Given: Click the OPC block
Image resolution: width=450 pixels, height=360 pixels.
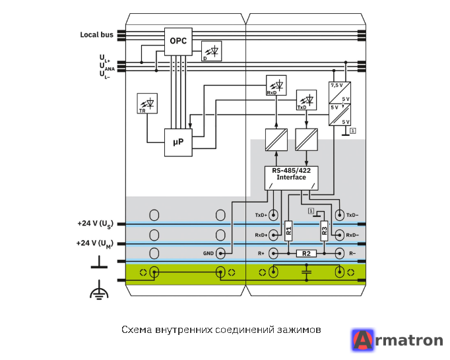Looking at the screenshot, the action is click(178, 42).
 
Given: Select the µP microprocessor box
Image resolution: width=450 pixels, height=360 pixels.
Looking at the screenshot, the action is click(178, 142).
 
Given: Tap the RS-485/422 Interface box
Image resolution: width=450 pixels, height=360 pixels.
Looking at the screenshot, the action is click(291, 178).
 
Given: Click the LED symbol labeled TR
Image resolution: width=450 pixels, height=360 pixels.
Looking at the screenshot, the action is click(147, 104).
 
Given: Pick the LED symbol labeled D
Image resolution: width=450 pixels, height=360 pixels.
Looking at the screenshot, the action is click(212, 51).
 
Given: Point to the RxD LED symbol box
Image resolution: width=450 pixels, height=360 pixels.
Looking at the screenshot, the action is click(276, 85).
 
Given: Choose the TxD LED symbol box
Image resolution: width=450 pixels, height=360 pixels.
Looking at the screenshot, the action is click(307, 100).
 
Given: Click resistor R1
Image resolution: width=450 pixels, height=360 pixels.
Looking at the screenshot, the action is click(288, 231).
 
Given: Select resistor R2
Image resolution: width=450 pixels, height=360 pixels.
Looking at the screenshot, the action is click(306, 254).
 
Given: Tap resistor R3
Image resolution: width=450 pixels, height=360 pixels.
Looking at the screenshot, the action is click(324, 231).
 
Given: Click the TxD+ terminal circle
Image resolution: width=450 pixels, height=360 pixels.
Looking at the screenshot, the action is click(273, 215).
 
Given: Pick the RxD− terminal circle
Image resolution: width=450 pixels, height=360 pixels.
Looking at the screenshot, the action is click(340, 235).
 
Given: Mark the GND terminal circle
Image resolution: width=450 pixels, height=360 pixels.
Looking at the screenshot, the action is click(220, 254).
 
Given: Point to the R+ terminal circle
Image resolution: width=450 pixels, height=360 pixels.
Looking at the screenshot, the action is click(273, 254).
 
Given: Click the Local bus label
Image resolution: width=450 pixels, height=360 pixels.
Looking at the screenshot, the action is click(97, 35).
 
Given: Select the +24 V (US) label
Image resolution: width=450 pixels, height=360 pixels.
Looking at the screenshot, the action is click(95, 224).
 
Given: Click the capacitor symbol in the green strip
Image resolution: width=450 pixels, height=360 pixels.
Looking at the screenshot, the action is click(307, 272).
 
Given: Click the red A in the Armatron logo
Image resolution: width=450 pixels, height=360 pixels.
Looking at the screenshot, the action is click(363, 340).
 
